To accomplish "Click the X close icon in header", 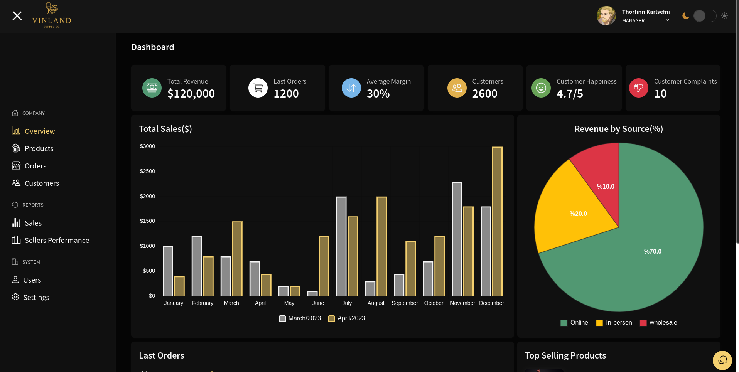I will click(17, 16).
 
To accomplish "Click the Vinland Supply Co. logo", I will click(52, 16).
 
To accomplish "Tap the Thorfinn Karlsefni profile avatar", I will click(606, 16).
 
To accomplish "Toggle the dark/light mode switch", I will click(704, 16).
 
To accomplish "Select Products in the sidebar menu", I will click(39, 148).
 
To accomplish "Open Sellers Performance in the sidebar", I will click(56, 240).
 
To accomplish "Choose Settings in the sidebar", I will click(36, 297).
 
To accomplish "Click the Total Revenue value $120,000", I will click(191, 94).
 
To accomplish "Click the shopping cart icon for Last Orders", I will click(258, 88).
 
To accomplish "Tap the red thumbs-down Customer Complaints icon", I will click(638, 88).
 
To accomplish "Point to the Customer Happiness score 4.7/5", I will click(569, 94).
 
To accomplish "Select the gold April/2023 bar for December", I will click(497, 222).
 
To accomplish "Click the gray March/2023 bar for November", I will click(457, 239).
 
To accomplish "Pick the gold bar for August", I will click(381, 247).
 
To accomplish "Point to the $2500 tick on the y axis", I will click(147, 171).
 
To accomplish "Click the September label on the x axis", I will click(405, 303).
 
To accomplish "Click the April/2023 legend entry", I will click(347, 318).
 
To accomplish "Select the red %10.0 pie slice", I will click(602, 177).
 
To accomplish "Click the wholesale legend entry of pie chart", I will click(659, 323).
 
